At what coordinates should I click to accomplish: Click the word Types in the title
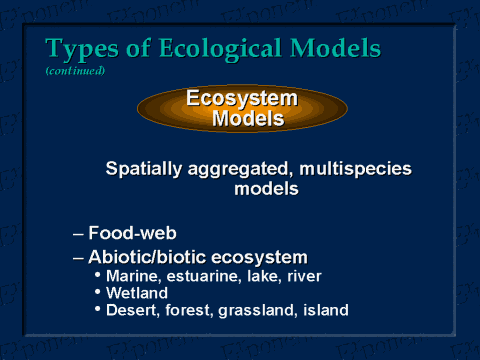[80, 49]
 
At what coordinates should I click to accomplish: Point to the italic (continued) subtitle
[75, 71]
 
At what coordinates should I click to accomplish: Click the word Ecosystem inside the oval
[242, 98]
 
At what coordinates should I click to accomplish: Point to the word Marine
[131, 275]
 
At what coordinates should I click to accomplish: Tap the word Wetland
[136, 292]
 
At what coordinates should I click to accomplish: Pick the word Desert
[132, 310]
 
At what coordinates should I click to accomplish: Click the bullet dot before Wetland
[97, 291]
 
